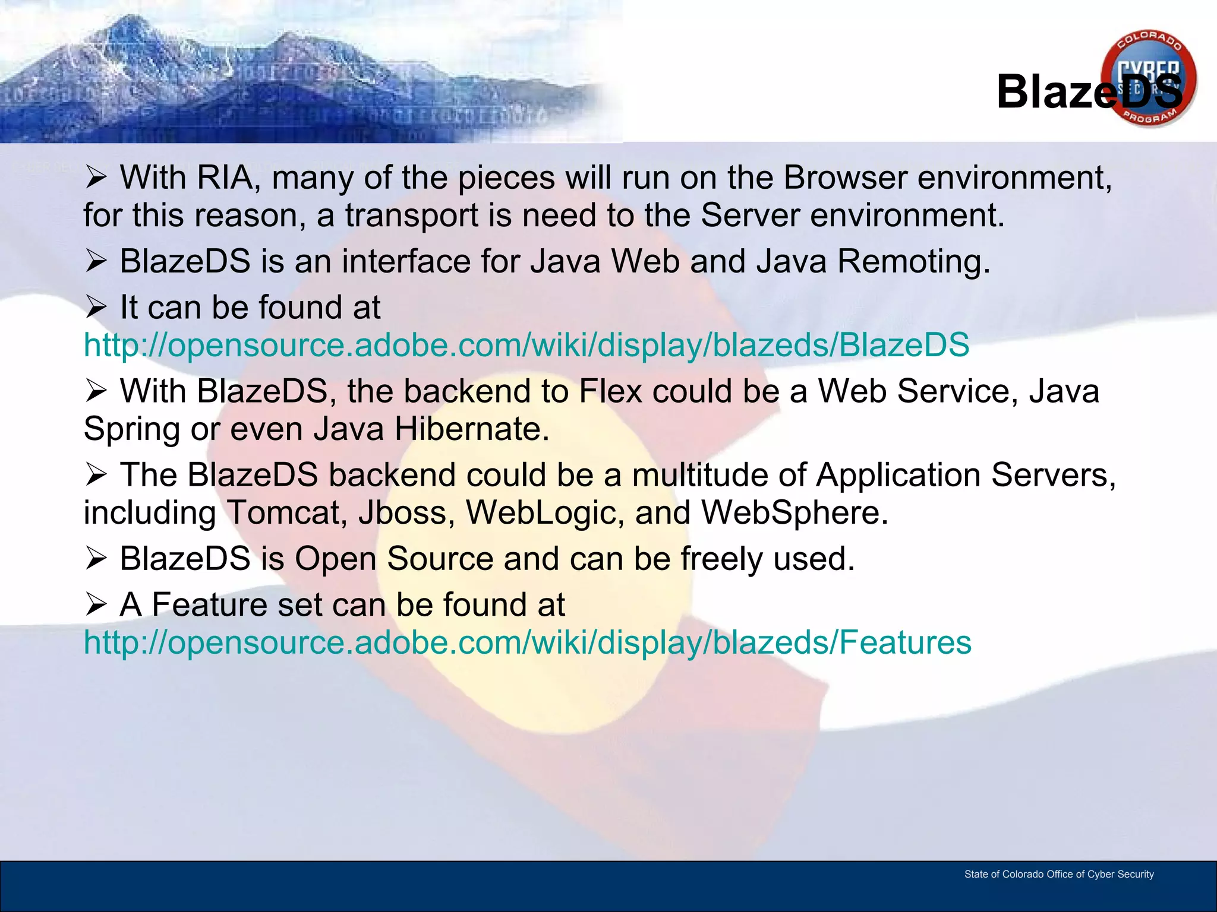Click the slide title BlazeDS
pos(1089,92)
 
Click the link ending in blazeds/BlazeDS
pos(526,345)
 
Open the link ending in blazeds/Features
pos(527,642)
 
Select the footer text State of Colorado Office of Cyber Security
pos(1059,874)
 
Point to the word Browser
pos(845,177)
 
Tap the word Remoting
pos(913,261)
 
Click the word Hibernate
pos(472,429)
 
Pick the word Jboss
pos(406,512)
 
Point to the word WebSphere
pos(794,512)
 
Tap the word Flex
pos(610,391)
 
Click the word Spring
pos(131,430)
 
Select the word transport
pos(411,216)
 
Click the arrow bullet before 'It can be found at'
pos(96,307)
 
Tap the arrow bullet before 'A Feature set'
pos(96,604)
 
